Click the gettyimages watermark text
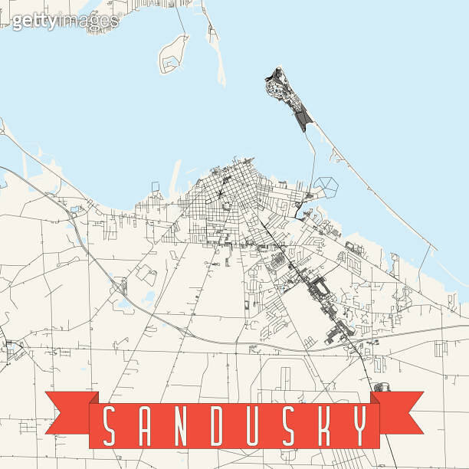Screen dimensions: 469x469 (x=65, y=21)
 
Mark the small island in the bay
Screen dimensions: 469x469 (x=173, y=54)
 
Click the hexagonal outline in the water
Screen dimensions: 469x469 (x=325, y=185)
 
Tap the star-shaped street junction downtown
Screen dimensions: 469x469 (x=221, y=193)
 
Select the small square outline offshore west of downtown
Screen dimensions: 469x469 (x=156, y=186)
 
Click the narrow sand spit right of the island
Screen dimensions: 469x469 (x=217, y=50)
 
